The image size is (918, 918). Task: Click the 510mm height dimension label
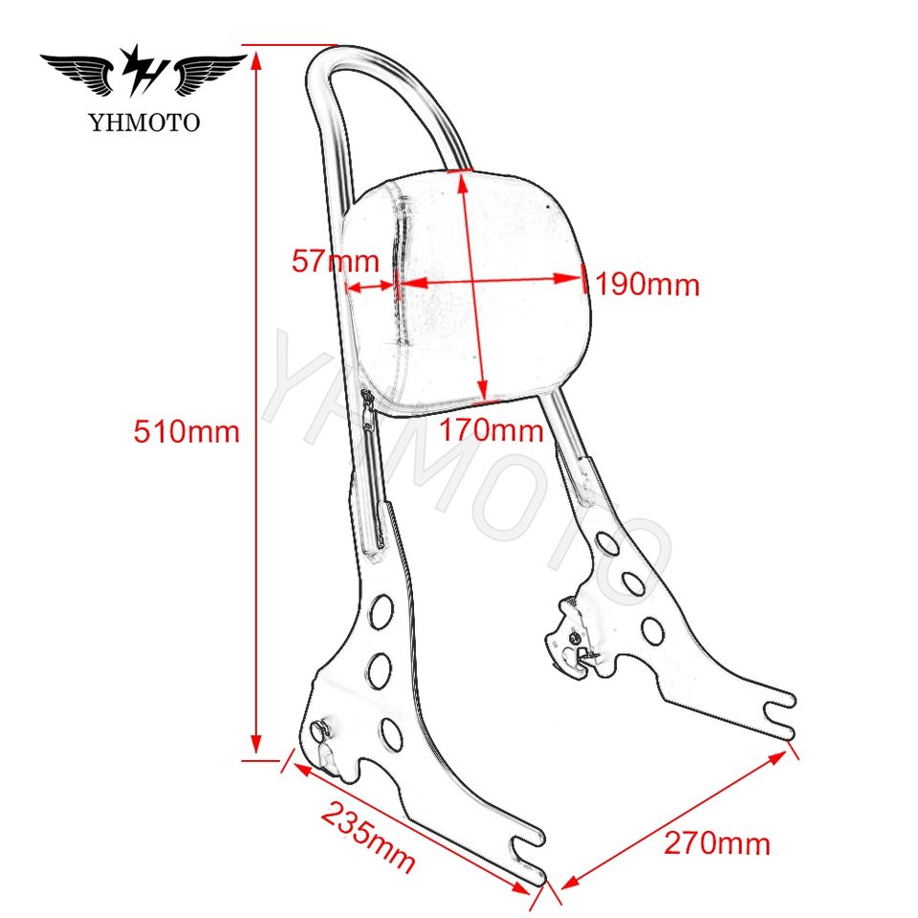pos(186,431)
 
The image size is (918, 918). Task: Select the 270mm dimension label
pos(717,842)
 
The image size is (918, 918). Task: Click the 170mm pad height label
pos(491,430)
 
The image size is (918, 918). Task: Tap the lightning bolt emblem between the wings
pos(144,72)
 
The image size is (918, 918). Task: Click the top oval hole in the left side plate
pos(382,608)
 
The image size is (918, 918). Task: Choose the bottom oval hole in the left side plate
pos(390,733)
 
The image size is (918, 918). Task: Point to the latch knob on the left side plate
pos(322,732)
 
